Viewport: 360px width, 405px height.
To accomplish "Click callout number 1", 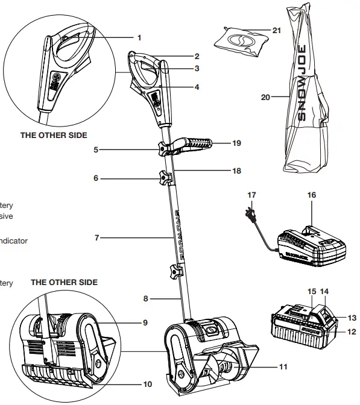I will pyautogui.click(x=139, y=37).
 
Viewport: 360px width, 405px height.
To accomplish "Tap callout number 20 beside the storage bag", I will pyautogui.click(x=265, y=96).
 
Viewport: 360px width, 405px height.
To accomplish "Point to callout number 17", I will pyautogui.click(x=251, y=195).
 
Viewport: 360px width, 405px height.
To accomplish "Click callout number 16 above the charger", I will pyautogui.click(x=312, y=195).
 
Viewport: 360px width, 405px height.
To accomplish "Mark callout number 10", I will pyautogui.click(x=148, y=384).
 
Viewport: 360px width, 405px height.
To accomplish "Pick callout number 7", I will pyautogui.click(x=96, y=238).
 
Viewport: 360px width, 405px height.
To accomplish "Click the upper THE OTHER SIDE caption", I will pyautogui.click(x=54, y=136).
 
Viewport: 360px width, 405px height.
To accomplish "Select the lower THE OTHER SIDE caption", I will pyautogui.click(x=64, y=282).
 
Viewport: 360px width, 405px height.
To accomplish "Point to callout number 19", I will pyautogui.click(x=236, y=143).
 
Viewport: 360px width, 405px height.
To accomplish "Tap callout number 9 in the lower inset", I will pyautogui.click(x=145, y=323).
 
